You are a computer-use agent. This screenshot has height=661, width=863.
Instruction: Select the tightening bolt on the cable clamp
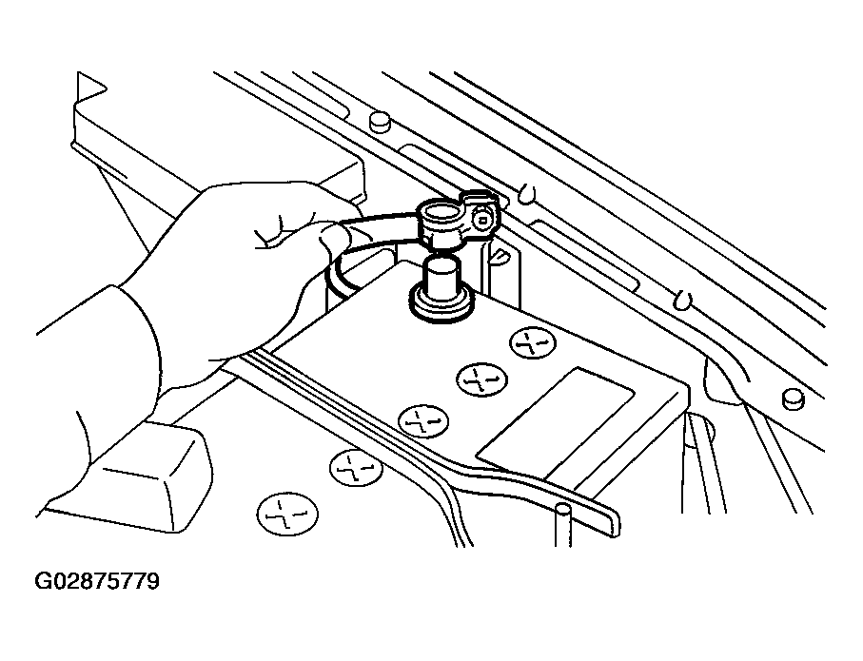[x=483, y=219]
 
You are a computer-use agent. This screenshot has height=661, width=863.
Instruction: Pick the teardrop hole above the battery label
[x=682, y=299]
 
